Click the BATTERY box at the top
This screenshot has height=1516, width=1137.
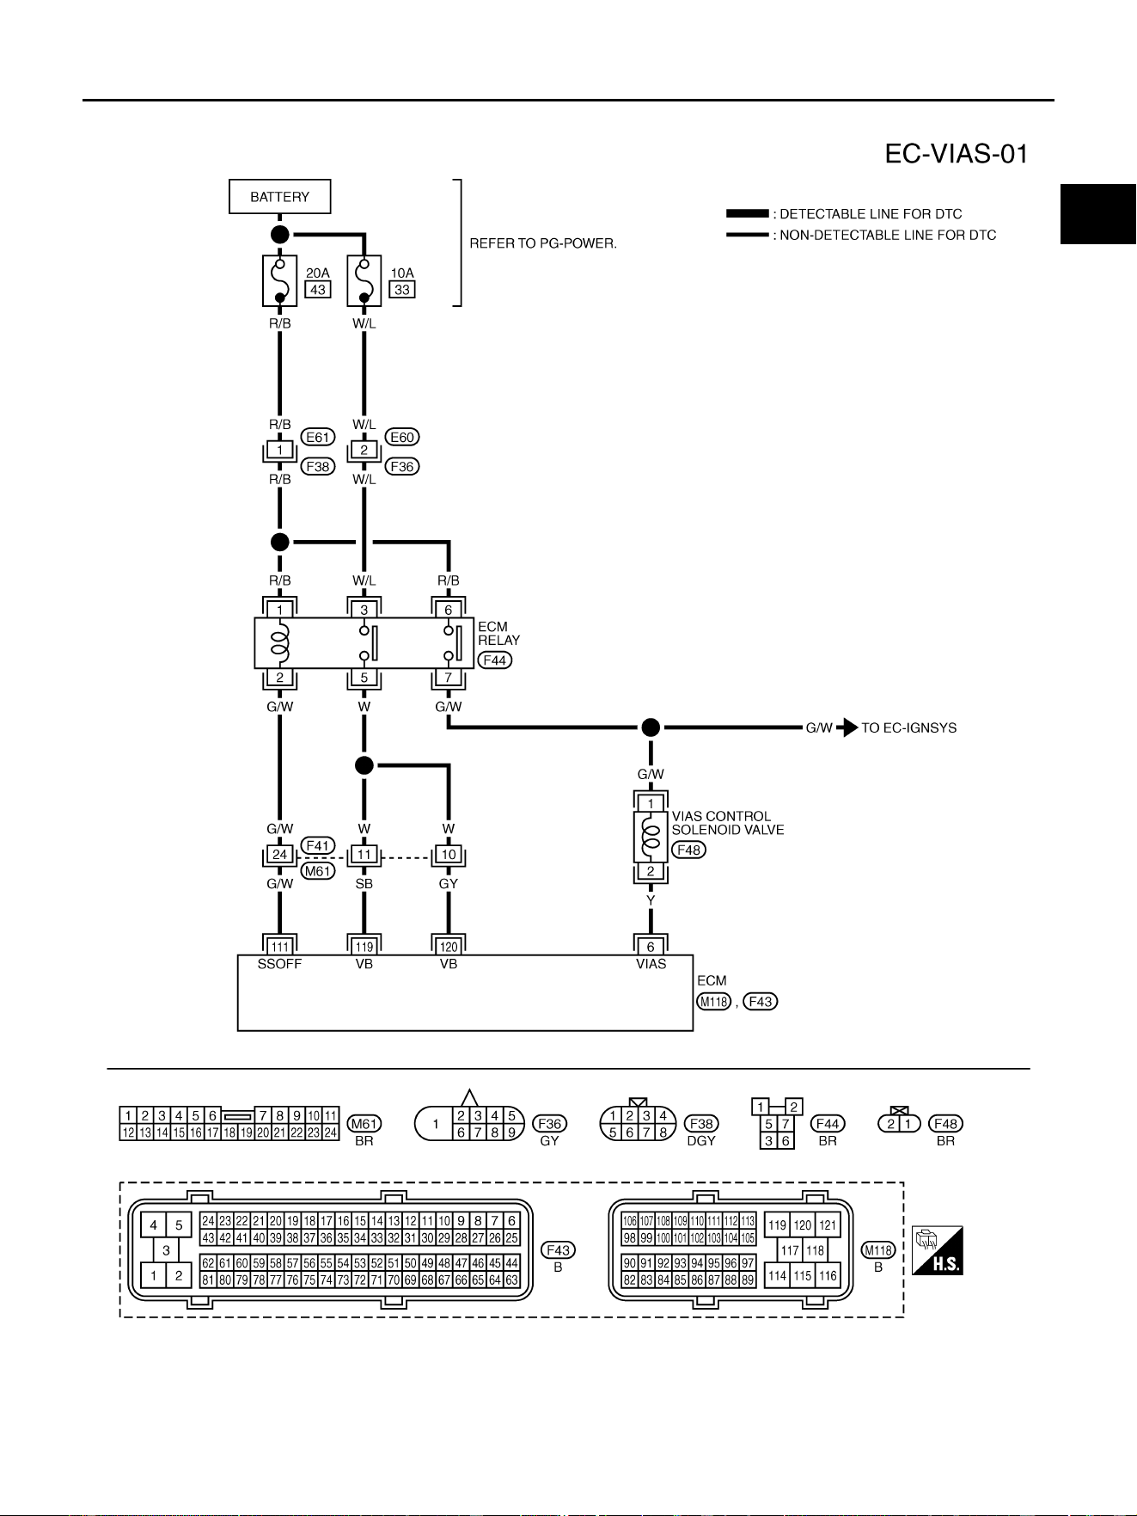[x=279, y=197]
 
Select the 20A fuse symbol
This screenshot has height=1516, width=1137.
[x=279, y=280]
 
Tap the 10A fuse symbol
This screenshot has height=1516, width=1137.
[x=364, y=280]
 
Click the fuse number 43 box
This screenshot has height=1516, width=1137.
[x=318, y=290]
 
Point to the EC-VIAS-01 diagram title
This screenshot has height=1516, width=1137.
[x=957, y=154]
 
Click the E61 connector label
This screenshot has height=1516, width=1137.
[x=318, y=437]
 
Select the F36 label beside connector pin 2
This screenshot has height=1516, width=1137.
[x=402, y=466]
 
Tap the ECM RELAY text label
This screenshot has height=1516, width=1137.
[x=498, y=633]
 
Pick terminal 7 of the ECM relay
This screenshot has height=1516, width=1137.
[x=449, y=678]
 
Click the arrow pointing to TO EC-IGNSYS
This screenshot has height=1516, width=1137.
[x=847, y=727]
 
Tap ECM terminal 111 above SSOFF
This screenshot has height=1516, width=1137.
[x=280, y=947]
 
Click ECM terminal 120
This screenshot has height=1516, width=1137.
[x=449, y=947]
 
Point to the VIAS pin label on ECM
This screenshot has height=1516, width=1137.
[x=651, y=964]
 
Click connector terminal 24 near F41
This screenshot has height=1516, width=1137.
[x=280, y=855]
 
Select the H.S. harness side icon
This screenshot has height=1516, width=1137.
[x=938, y=1250]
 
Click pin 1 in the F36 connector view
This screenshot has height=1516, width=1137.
[x=436, y=1124]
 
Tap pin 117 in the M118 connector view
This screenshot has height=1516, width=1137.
[x=790, y=1250]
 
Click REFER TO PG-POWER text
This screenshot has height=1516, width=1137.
[x=543, y=243]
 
